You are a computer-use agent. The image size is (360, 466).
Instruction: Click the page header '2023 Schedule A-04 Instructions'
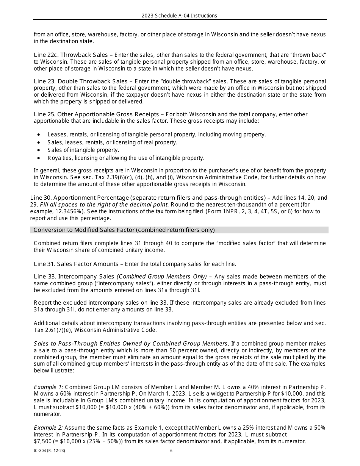pyautogui.click(x=179, y=16)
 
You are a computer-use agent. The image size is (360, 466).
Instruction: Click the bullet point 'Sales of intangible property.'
pyautogui.click(x=83, y=150)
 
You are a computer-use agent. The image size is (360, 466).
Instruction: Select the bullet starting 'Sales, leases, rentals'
pyautogui.click(x=112, y=142)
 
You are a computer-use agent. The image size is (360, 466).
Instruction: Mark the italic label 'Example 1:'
pyautogui.click(x=49, y=387)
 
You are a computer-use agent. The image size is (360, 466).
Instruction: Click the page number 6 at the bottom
pyautogui.click(x=171, y=451)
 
